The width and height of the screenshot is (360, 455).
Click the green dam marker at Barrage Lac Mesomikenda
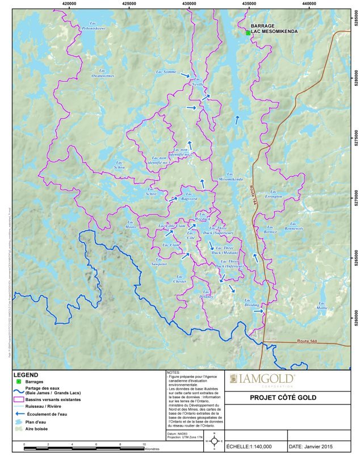tap(248, 34)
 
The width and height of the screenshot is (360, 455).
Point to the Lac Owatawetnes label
tap(103, 73)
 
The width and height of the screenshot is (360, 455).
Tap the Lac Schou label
tap(120, 165)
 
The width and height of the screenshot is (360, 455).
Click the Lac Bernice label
tap(270, 229)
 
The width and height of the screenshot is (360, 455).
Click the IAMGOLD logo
tap(262, 379)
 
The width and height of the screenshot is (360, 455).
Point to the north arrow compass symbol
tap(215, 441)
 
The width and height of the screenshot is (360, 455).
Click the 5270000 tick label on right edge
tap(354, 200)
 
